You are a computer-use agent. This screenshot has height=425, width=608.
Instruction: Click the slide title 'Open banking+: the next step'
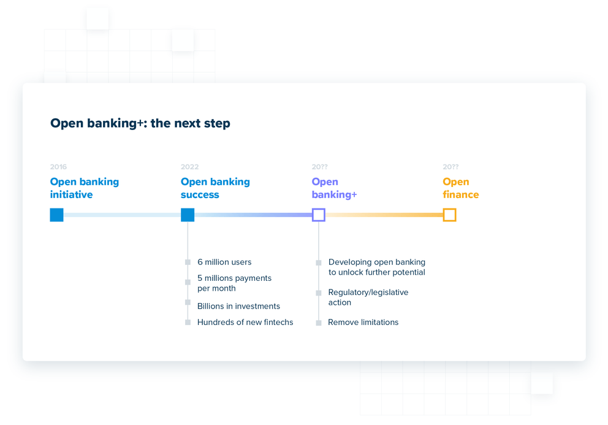point(140,123)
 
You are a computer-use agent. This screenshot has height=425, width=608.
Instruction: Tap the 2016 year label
point(58,167)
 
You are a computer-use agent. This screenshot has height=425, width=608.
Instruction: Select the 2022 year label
point(189,167)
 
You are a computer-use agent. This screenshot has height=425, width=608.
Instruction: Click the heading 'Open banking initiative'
point(85,188)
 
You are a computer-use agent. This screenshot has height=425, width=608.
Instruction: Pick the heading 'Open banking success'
point(215,188)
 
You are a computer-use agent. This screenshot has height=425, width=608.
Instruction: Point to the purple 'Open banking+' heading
point(334,188)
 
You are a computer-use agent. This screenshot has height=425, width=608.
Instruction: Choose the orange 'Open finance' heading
point(460,188)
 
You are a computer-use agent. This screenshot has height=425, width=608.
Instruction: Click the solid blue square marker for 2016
point(57,215)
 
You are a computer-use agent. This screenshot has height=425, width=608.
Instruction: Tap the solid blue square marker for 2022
point(188,215)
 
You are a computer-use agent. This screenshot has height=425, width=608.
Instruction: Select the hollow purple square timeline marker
point(319,215)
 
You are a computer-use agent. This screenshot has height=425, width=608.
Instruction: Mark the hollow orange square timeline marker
point(449,215)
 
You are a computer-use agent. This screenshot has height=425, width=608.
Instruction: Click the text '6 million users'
point(224,262)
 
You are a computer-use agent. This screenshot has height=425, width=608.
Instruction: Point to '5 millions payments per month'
point(234,283)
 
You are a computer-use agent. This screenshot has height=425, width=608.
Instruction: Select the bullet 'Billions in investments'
point(238,306)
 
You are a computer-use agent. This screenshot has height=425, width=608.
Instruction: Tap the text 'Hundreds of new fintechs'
point(245,322)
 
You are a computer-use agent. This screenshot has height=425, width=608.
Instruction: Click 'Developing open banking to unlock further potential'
point(376,267)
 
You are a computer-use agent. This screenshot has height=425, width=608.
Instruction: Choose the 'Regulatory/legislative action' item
point(368,297)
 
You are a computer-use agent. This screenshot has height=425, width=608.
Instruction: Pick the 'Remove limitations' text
point(363,322)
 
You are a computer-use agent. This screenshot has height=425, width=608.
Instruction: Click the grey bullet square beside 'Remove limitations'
point(319,323)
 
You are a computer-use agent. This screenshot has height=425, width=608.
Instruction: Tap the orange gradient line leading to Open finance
point(384,215)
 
